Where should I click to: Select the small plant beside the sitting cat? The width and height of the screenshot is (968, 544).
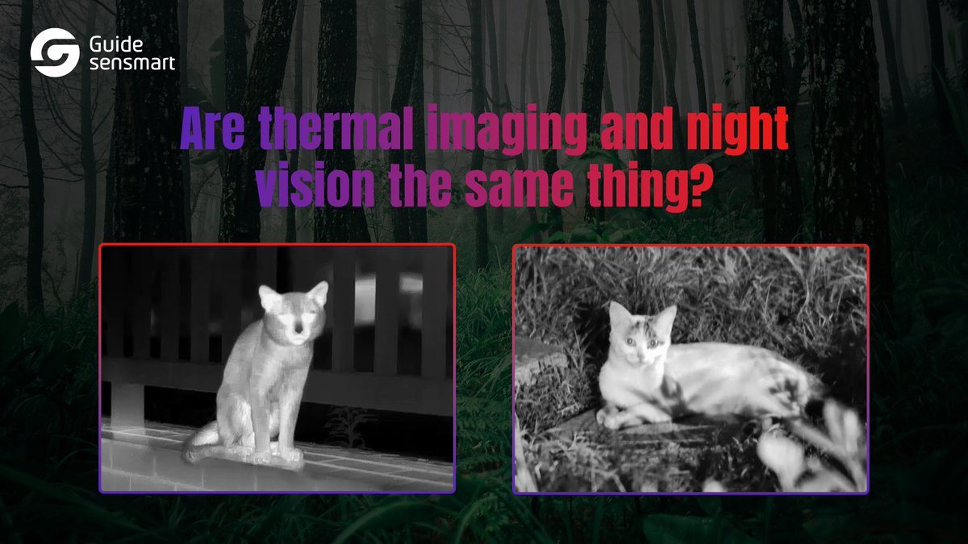[x=348, y=423]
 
